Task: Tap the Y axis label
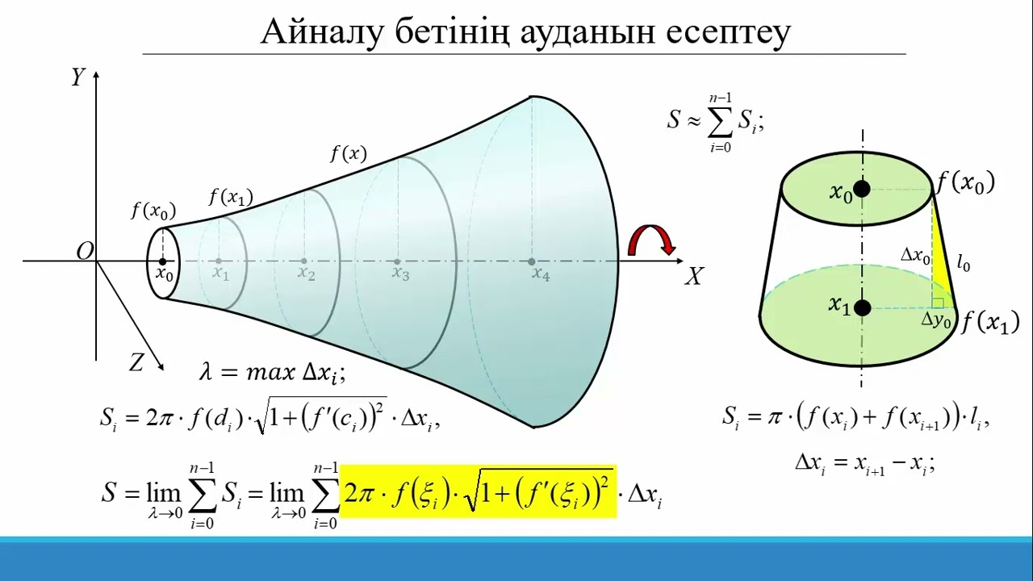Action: tap(78, 77)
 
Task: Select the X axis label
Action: tap(693, 278)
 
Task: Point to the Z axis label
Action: tap(136, 363)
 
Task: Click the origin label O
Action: tap(85, 252)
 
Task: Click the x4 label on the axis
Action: tap(541, 274)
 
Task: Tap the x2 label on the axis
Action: tap(306, 274)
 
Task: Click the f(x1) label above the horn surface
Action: tap(231, 196)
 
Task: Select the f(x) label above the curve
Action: tap(348, 153)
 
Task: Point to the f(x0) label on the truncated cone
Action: tap(965, 182)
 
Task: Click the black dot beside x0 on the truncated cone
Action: tap(862, 189)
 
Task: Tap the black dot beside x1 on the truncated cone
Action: tap(862, 307)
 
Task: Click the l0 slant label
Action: tap(963, 262)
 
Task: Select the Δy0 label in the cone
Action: tap(936, 320)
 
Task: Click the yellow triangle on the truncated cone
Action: tap(941, 266)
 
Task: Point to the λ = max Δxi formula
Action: tap(272, 373)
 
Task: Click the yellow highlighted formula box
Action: tap(478, 491)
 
